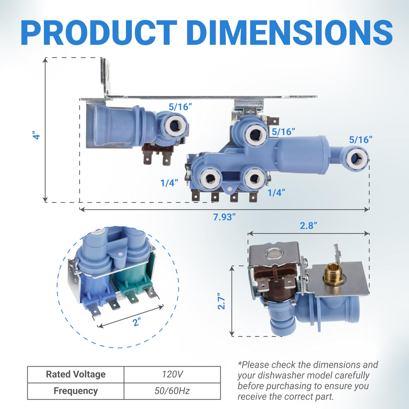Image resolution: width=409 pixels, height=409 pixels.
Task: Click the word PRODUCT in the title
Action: click(99, 33)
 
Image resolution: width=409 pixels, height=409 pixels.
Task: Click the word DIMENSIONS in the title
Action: click(289, 33)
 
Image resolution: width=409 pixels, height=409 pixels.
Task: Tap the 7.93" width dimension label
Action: click(224, 217)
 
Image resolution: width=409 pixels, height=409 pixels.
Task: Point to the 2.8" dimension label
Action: click(308, 225)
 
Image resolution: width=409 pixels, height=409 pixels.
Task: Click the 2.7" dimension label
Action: click(221, 301)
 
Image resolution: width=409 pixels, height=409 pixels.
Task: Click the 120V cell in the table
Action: click(172, 374)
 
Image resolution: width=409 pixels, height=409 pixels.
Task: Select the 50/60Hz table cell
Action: click(172, 391)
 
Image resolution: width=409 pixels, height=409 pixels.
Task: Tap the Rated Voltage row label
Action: click(75, 374)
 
